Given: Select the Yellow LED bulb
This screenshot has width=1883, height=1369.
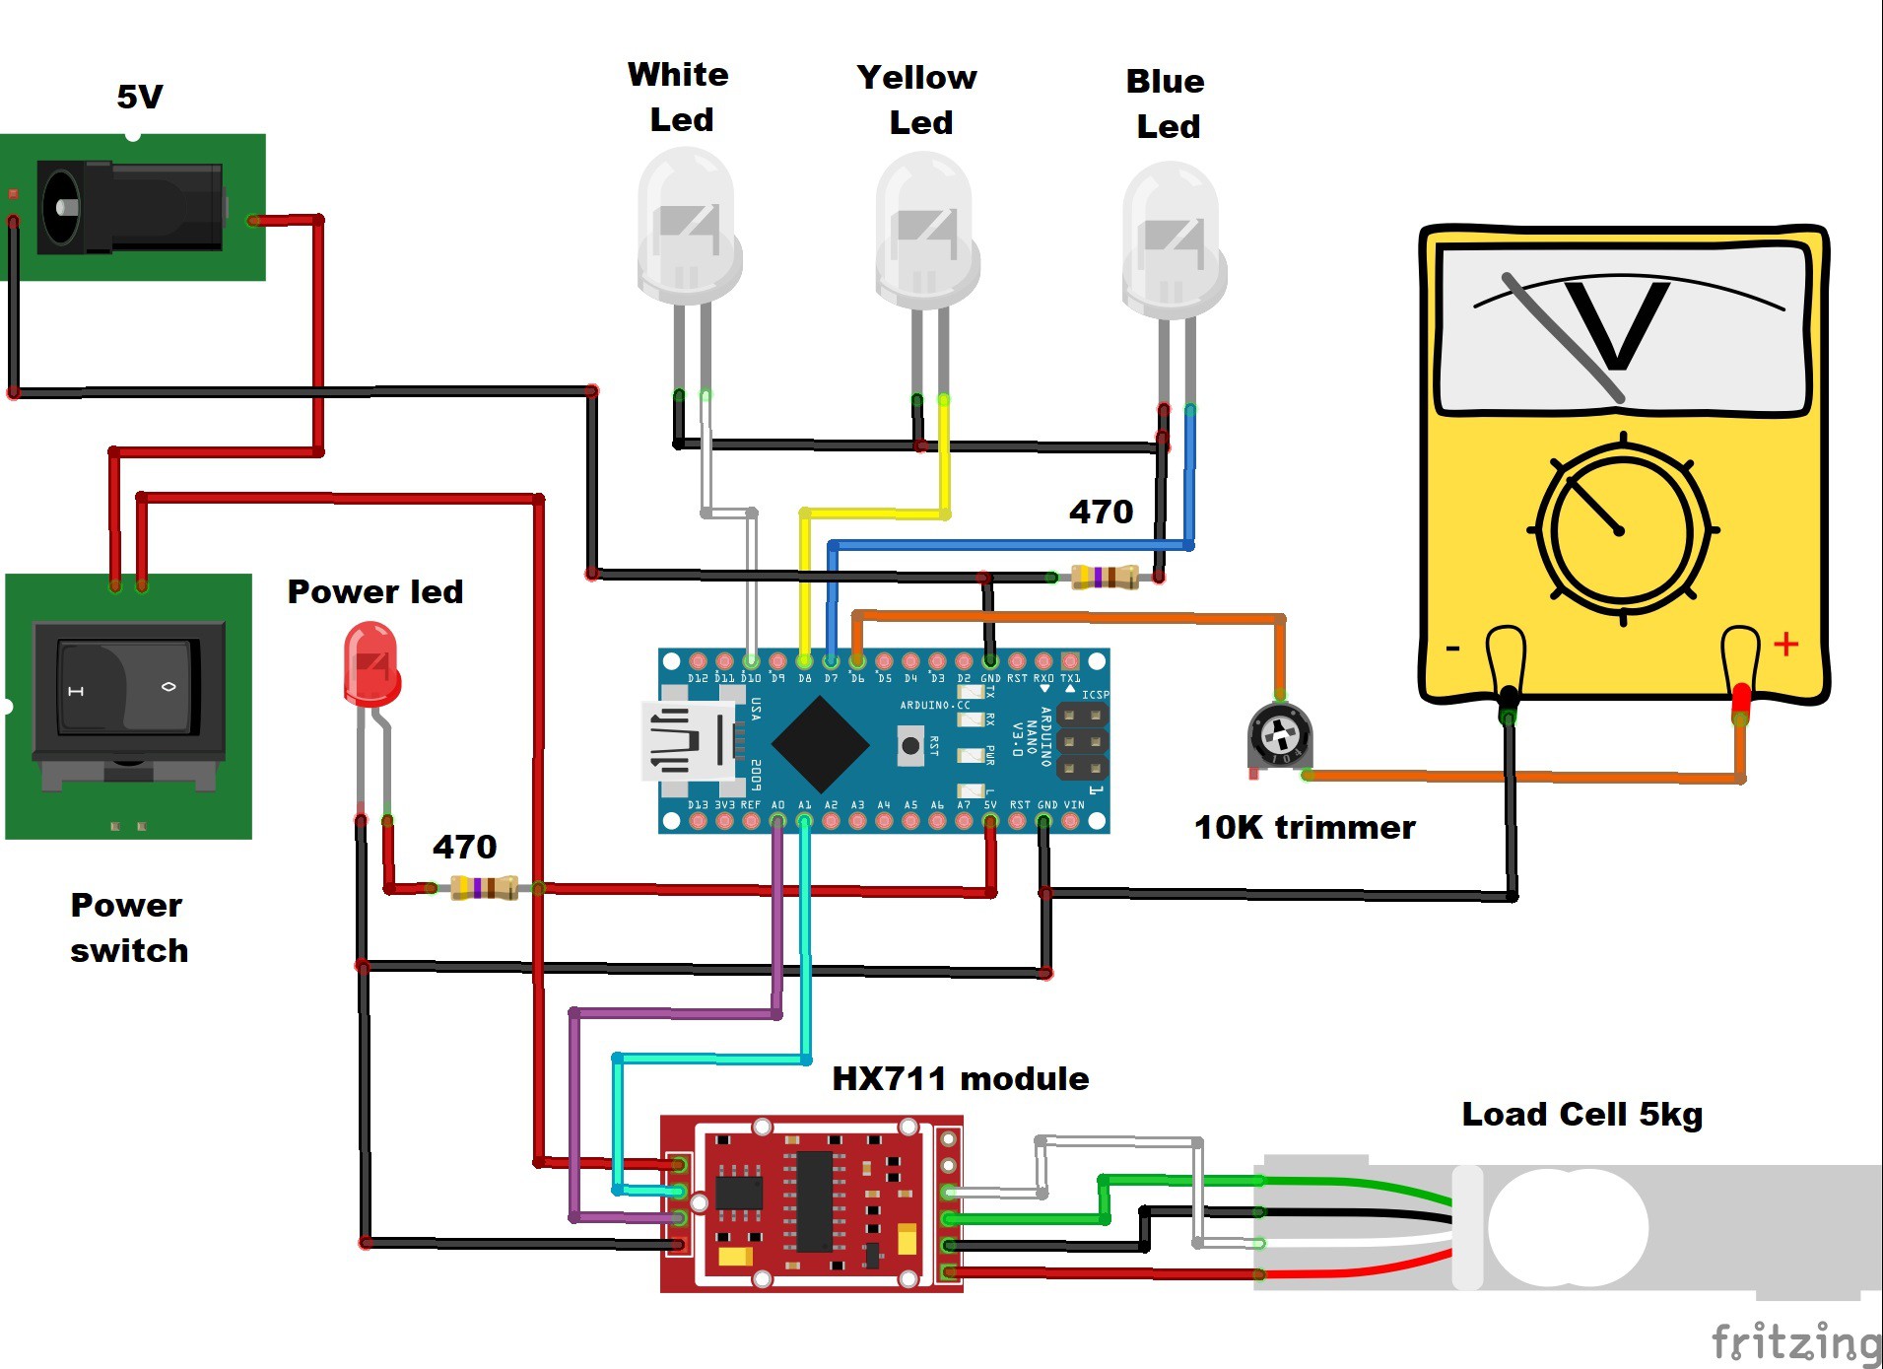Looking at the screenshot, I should pyautogui.click(x=925, y=231).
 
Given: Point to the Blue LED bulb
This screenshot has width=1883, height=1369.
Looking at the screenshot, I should pyautogui.click(x=1173, y=239).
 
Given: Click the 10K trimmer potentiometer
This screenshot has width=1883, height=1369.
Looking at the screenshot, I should pyautogui.click(x=1279, y=735).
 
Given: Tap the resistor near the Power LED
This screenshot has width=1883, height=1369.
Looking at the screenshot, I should pyautogui.click(x=484, y=887).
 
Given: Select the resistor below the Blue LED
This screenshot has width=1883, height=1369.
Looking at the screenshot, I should pyautogui.click(x=1105, y=577).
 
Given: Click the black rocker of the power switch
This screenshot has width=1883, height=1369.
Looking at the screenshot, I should pyautogui.click(x=127, y=687).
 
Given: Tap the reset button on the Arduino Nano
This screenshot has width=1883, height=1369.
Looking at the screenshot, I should pyautogui.click(x=910, y=745).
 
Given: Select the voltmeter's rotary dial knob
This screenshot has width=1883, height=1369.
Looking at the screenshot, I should pyautogui.click(x=1622, y=530).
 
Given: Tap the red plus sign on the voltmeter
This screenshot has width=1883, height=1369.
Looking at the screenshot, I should pyautogui.click(x=1785, y=645).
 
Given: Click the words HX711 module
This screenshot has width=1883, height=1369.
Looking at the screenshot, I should pyautogui.click(x=960, y=1078).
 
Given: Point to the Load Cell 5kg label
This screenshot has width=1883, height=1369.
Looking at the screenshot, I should pyautogui.click(x=1581, y=1114).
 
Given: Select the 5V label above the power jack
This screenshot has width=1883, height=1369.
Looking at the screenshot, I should pyautogui.click(x=139, y=97).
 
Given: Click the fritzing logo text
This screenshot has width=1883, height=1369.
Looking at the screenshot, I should pyautogui.click(x=1795, y=1342).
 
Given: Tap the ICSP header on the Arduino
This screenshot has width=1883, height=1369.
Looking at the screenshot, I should pyautogui.click(x=1082, y=741).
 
